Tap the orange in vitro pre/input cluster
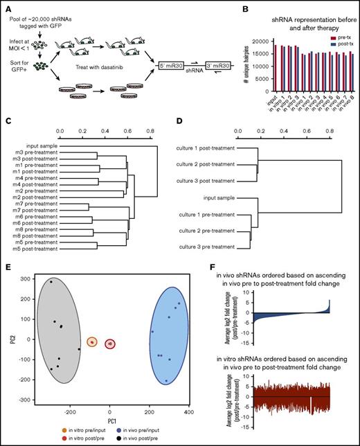click(91, 342)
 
